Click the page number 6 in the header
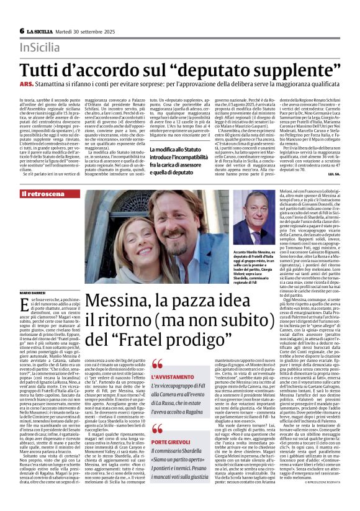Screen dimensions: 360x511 click(x=22, y=31)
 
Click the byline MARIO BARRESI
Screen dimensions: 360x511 click(x=34, y=292)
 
